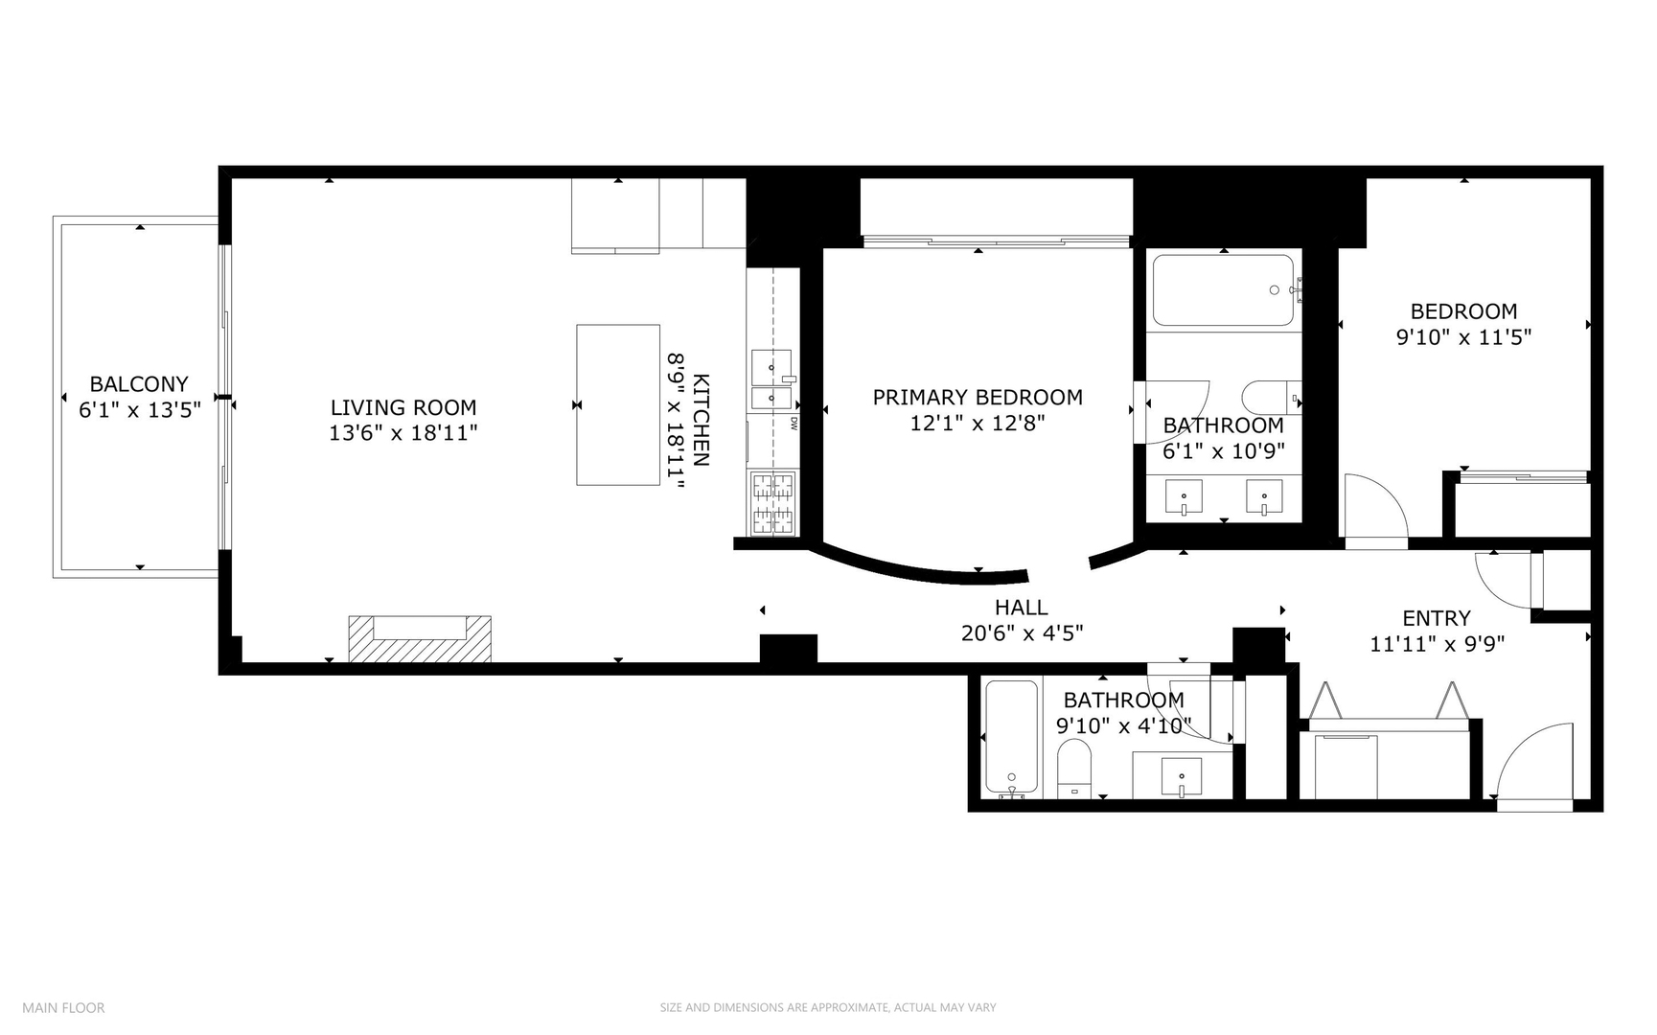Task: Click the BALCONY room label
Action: tap(139, 384)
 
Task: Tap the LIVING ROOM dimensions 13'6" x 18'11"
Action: tap(403, 433)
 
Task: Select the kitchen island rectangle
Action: tap(617, 404)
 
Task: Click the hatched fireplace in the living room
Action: tap(420, 639)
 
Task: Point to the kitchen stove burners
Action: tap(773, 503)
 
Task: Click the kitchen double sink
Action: tap(771, 380)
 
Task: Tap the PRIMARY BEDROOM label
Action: tap(978, 397)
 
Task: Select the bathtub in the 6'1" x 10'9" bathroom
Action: tap(1223, 290)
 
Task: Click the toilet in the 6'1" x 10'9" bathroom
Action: tap(1270, 397)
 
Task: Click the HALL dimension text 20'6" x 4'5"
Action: tap(1022, 633)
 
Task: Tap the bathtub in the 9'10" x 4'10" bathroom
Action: tap(1011, 738)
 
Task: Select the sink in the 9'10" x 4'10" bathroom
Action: tap(1182, 776)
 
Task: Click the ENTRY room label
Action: tap(1436, 618)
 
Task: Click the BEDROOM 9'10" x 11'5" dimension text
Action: tap(1463, 337)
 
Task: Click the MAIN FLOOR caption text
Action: tap(63, 1007)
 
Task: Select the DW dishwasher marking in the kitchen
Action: tap(794, 423)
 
